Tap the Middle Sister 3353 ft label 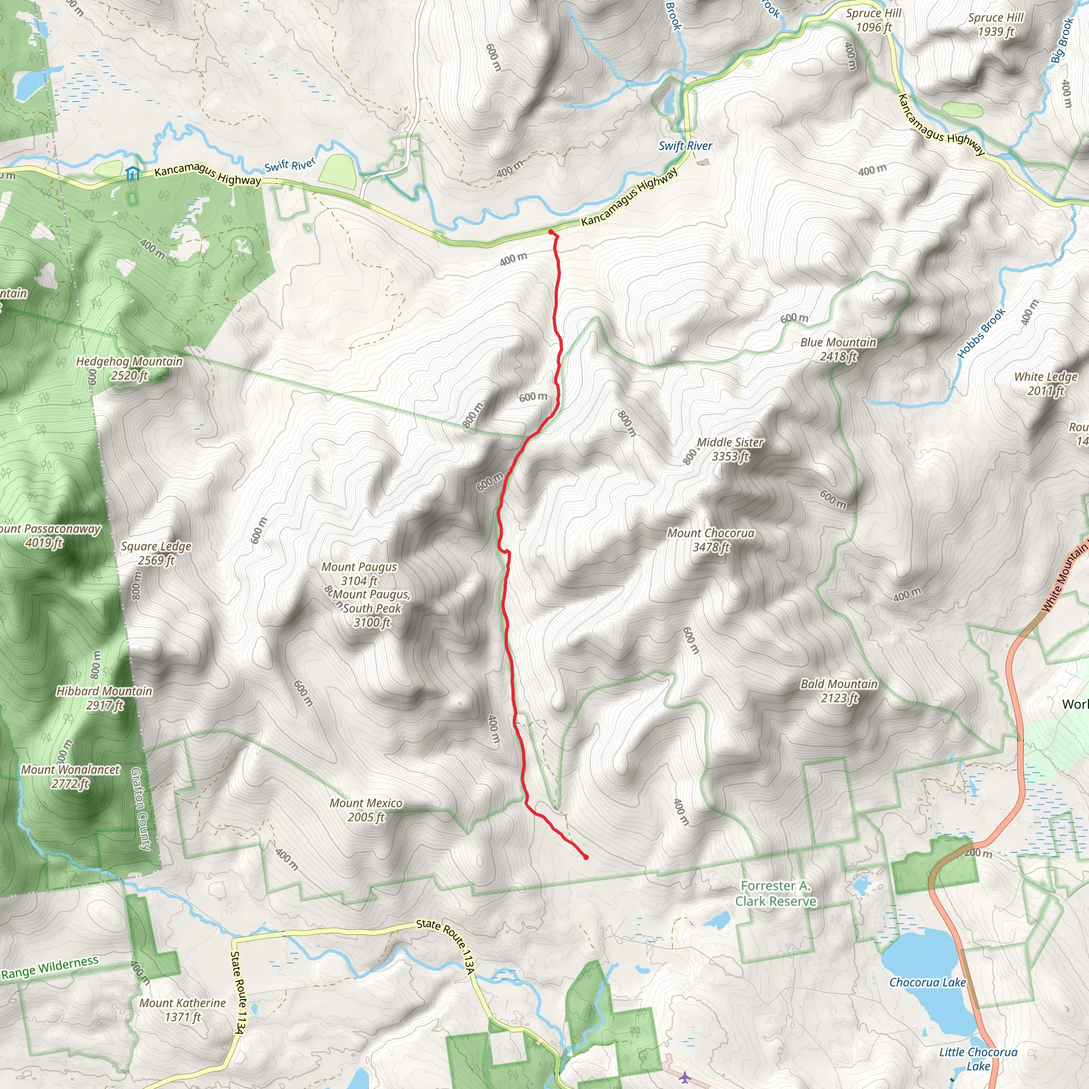pos(730,449)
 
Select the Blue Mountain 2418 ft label pos(838,349)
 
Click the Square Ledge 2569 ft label pos(156,553)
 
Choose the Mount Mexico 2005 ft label pos(366,810)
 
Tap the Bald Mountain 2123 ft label pos(839,691)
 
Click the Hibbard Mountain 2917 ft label pos(104,698)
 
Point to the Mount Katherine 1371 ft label pos(182,1010)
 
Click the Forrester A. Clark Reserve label pos(775,893)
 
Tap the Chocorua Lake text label pos(927,983)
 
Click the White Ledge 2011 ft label pos(1045,383)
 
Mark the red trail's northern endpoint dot pos(551,232)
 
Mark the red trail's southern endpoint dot pos(586,857)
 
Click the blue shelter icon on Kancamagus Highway pos(132,173)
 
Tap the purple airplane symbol pos(684,1077)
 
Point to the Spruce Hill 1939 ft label pos(995,24)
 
